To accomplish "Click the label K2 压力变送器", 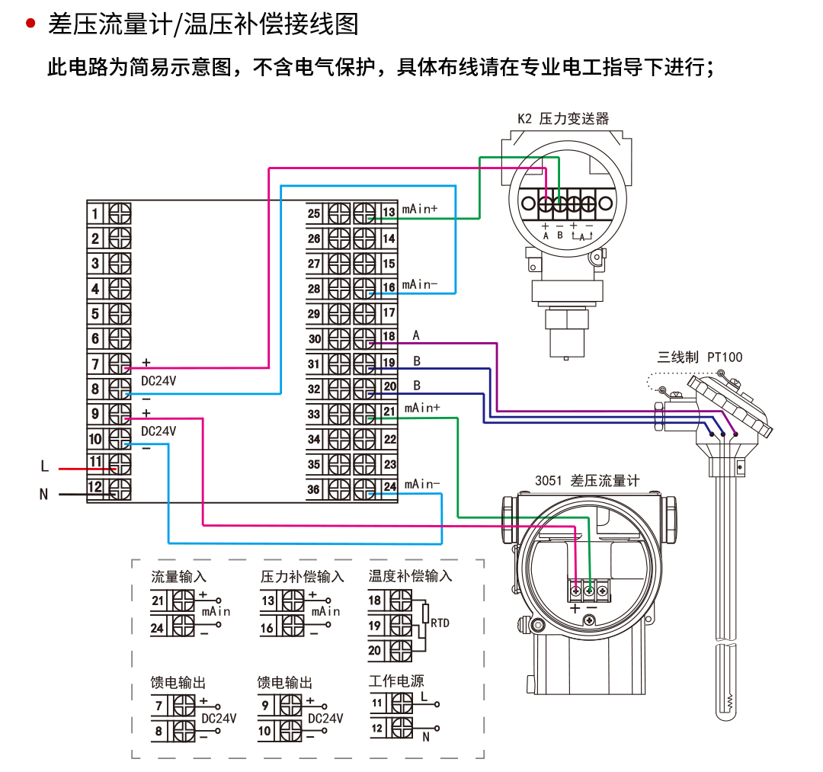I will click(x=563, y=119).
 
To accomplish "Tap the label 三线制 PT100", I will click(x=700, y=357).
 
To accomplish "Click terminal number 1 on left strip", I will click(x=95, y=213).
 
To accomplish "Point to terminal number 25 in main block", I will click(x=314, y=213).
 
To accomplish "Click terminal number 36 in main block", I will click(x=314, y=490).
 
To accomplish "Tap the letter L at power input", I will click(x=44, y=466).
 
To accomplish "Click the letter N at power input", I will click(x=43, y=495).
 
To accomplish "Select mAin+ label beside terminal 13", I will click(x=420, y=207).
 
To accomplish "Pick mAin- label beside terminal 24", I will click(x=421, y=484).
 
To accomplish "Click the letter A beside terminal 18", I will click(x=416, y=335).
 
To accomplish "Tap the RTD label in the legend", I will click(x=440, y=623).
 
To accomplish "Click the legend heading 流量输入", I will click(x=178, y=577).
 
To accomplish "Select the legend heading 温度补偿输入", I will click(x=410, y=576).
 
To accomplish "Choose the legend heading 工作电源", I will click(x=396, y=681).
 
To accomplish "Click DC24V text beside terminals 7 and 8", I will click(x=159, y=380).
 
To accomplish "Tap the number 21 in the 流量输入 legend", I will click(x=158, y=601).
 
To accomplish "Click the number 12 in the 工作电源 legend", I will click(x=376, y=728).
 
